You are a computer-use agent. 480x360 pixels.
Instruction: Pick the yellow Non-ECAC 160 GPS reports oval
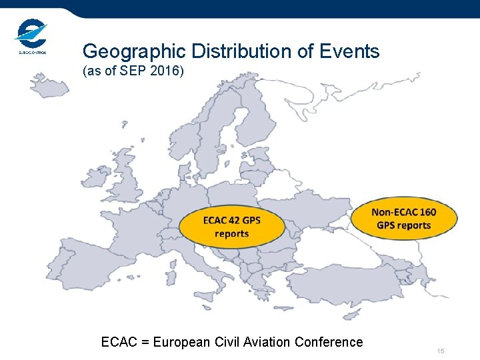click(404, 218)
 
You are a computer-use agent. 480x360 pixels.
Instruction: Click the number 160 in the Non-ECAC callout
click(427, 212)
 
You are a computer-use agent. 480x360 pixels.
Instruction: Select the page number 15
click(440, 351)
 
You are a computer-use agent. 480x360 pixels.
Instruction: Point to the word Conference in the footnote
click(329, 342)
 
